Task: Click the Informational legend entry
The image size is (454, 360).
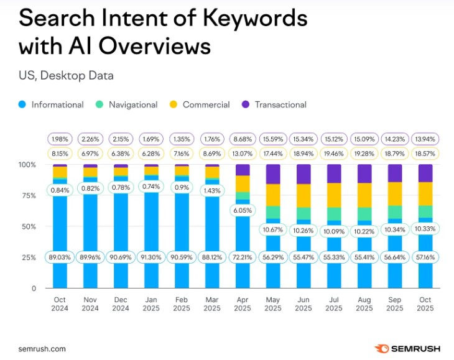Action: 52,104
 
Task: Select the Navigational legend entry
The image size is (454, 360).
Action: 126,104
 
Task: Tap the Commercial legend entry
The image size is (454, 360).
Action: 200,104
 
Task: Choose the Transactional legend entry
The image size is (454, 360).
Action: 274,104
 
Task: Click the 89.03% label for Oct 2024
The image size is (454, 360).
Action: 60,257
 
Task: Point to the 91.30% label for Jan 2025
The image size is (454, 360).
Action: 151,257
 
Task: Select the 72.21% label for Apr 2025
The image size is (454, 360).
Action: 243,257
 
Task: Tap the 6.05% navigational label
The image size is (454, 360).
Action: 243,210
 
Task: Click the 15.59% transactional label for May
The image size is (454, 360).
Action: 273,137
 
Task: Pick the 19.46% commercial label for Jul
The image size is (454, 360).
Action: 334,152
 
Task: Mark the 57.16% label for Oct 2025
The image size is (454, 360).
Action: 425,257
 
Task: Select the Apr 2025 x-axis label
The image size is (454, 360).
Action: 243,303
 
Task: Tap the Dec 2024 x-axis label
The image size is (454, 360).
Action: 121,303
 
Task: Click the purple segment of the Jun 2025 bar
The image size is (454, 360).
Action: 303,173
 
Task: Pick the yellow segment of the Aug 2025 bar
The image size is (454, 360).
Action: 364,195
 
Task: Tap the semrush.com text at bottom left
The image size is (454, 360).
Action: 42,349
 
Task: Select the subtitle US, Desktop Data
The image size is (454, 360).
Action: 66,76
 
